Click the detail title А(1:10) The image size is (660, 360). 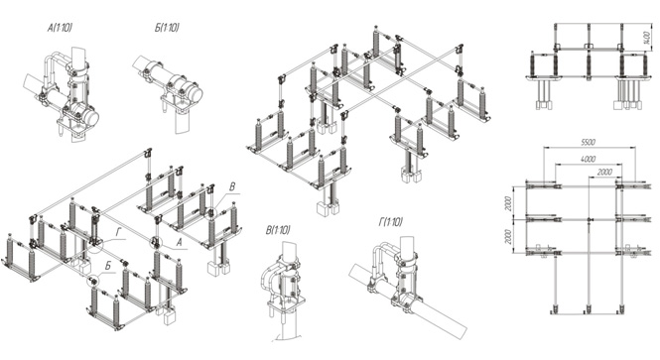point(60,28)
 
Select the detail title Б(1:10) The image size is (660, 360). point(167,28)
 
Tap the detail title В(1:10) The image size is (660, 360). point(278,230)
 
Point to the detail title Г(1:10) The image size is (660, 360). point(390,221)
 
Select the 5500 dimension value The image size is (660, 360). point(588,142)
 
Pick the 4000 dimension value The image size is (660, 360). point(588,159)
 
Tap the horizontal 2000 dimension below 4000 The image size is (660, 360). point(604,172)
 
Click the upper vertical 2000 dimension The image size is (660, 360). point(509,203)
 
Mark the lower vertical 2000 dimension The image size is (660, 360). point(509,237)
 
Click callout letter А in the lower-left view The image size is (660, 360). point(179,242)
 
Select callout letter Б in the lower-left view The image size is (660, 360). point(108,266)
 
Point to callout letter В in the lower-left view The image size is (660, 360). point(232,186)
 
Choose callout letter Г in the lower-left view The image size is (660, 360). point(118,232)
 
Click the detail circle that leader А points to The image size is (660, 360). point(156,242)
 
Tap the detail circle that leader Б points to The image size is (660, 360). point(92,280)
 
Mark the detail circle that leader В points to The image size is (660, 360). point(211,212)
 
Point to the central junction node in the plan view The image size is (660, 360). point(590,219)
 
